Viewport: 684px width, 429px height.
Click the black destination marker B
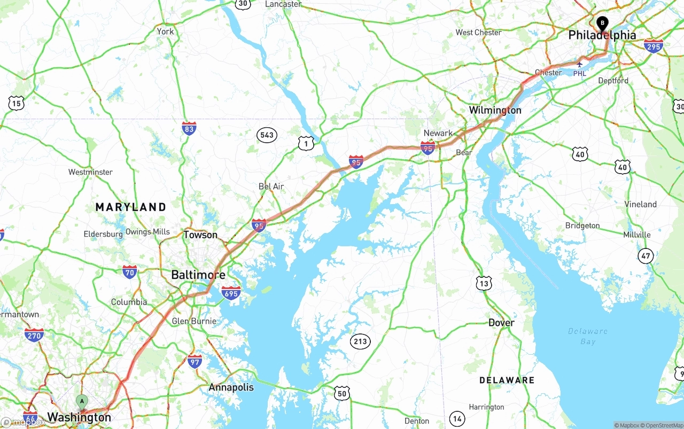(x=602, y=23)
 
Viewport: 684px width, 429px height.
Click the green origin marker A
(x=82, y=401)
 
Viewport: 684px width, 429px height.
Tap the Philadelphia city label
(x=602, y=35)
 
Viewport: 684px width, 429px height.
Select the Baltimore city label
(x=198, y=275)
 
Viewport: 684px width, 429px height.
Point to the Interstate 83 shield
(x=189, y=128)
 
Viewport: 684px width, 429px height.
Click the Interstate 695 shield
(x=231, y=292)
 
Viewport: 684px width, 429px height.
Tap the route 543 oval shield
(x=267, y=135)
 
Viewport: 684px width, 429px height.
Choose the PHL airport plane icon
(x=579, y=64)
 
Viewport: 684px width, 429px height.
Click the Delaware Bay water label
(x=588, y=336)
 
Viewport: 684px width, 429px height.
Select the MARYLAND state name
(x=131, y=207)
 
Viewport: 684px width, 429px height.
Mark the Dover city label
(x=501, y=323)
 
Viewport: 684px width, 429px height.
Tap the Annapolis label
(x=231, y=387)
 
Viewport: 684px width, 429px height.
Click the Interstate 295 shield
(x=653, y=45)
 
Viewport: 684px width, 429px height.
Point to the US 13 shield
(x=484, y=283)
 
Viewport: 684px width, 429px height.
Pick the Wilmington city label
(x=495, y=110)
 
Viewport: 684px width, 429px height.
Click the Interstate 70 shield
(x=129, y=272)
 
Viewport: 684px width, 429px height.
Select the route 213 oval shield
(x=360, y=341)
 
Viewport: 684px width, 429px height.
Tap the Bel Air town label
(x=271, y=186)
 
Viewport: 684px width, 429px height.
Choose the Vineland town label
(x=640, y=204)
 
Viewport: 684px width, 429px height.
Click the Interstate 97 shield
(x=195, y=361)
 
